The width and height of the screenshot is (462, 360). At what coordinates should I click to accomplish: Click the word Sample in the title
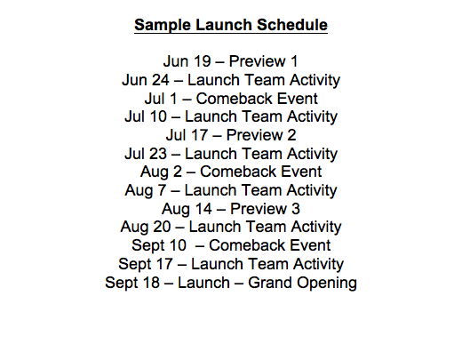163,25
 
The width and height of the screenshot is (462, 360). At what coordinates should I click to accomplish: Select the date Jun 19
187,61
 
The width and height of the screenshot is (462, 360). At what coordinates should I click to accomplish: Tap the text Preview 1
263,61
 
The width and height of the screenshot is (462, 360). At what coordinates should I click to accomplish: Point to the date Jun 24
146,80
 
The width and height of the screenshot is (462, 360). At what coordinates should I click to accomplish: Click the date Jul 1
161,99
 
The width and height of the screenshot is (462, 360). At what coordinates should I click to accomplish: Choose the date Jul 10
146,116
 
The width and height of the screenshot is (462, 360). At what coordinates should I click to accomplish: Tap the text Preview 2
261,135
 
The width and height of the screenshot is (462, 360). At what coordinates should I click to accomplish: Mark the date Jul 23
146,154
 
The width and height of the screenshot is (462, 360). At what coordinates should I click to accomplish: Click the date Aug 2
161,172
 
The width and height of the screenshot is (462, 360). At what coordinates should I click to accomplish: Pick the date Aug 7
146,190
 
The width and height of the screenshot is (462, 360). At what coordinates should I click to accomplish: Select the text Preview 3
265,209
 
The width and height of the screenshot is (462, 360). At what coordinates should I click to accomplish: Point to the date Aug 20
146,227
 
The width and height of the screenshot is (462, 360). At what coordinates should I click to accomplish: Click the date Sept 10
159,245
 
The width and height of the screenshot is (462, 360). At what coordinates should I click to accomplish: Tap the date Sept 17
146,264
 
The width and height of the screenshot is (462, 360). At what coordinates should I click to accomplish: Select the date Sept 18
132,283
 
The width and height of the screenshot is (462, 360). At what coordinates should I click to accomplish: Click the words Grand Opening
302,283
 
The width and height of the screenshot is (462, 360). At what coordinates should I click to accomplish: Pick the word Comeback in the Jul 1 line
235,99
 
